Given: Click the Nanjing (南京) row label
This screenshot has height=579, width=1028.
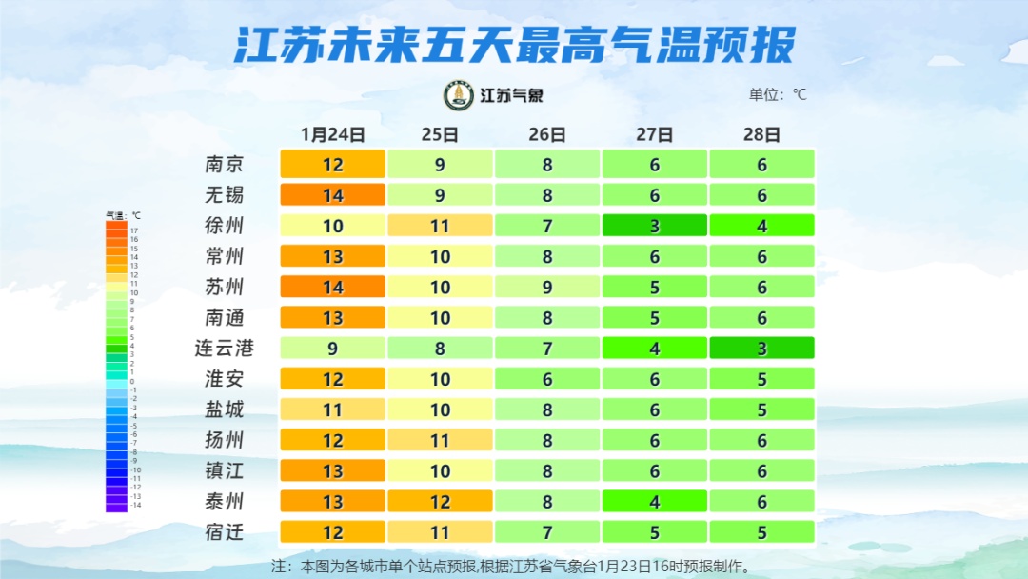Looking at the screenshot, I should [x=225, y=164].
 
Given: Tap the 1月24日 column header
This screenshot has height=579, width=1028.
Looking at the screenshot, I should [x=332, y=134].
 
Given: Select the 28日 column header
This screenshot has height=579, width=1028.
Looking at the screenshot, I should [x=761, y=134].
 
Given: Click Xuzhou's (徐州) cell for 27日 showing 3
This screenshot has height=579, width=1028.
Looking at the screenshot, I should [x=655, y=226].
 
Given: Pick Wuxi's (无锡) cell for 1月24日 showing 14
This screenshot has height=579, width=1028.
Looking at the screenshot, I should [x=332, y=195].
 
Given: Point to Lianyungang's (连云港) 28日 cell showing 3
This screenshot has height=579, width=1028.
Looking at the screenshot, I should [x=761, y=349].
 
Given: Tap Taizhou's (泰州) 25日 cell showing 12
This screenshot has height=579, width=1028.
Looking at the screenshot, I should [x=440, y=501].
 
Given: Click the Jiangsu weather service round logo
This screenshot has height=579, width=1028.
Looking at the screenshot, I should [x=459, y=95].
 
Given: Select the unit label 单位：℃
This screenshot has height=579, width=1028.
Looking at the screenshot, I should [x=778, y=94].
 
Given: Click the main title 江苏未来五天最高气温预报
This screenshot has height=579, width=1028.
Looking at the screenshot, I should [x=514, y=45].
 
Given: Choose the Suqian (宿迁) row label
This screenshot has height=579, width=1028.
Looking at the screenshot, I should [x=225, y=531].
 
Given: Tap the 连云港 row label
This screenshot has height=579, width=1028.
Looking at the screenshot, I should [x=225, y=348].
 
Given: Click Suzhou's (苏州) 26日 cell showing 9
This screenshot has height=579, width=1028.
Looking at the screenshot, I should [x=547, y=287].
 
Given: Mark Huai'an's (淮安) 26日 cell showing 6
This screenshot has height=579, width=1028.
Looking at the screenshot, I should [x=547, y=379].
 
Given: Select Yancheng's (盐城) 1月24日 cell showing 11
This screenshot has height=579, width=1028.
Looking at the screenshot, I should [x=332, y=409].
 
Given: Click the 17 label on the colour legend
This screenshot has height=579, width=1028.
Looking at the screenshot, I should [x=134, y=230].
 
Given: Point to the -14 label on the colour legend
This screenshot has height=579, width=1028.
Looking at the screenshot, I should [x=135, y=506].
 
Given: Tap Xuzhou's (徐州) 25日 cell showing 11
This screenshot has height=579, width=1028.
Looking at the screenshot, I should [x=440, y=226].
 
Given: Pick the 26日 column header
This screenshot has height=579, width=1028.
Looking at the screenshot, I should [x=547, y=134].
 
